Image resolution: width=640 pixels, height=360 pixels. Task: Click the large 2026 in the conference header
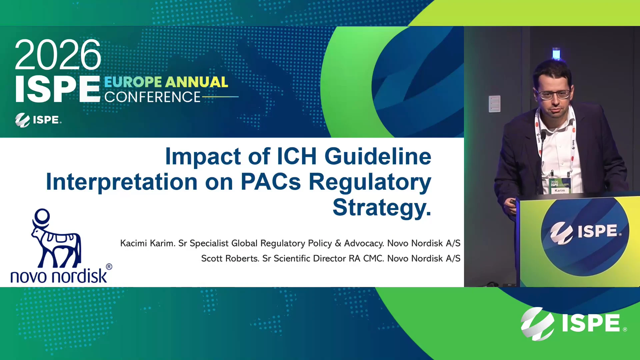(58, 55)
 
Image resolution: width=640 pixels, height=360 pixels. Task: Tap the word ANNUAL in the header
(197, 82)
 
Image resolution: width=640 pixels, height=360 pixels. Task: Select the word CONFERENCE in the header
(152, 97)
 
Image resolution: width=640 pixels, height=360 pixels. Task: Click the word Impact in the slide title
(203, 157)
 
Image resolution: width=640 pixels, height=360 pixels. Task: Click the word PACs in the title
(271, 182)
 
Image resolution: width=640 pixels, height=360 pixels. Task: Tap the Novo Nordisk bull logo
(56, 238)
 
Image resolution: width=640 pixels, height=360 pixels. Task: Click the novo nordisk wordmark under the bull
(59, 276)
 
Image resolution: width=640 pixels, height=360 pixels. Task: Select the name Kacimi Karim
(148, 243)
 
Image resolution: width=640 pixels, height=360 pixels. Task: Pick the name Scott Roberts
(230, 258)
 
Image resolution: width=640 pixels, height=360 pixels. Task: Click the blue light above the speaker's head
(556, 54)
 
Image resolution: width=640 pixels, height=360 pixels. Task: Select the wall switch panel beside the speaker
(495, 104)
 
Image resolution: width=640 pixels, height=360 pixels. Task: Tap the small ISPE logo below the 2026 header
(38, 120)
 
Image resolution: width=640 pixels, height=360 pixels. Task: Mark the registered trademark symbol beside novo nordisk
(109, 267)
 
